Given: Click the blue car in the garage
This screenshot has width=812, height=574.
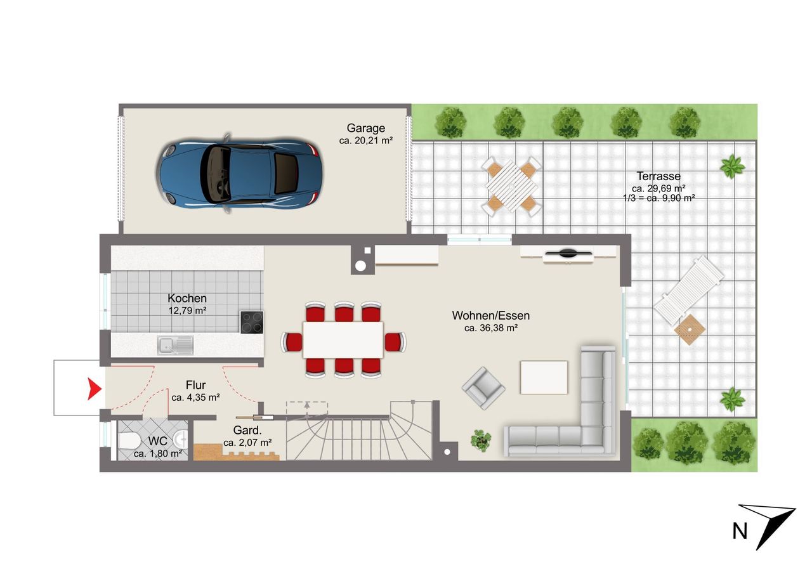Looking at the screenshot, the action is [239, 173].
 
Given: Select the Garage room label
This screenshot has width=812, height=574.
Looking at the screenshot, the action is [365, 128].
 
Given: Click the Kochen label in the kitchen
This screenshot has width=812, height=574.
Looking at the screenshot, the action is [187, 298].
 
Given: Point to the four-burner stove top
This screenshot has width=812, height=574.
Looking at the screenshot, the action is [252, 322].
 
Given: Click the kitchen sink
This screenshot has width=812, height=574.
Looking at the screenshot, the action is [175, 345].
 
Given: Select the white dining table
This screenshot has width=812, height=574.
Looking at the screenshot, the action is [343, 340].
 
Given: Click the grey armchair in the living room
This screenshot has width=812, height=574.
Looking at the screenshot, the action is [483, 388].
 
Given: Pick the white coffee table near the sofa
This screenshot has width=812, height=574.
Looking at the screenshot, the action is [544, 377].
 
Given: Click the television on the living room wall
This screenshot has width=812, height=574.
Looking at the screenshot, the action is [568, 253].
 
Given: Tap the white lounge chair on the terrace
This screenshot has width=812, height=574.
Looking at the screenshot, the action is [689, 290].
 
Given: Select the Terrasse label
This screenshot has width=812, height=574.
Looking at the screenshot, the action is [658, 176].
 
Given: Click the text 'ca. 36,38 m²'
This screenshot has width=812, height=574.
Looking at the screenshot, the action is [490, 328].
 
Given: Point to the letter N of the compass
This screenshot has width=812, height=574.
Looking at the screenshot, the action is [740, 532].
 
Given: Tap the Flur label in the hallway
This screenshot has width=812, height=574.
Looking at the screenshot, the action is [196, 385].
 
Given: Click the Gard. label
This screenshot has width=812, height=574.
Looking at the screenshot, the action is [247, 430].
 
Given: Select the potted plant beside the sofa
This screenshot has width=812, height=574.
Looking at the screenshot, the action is [481, 441].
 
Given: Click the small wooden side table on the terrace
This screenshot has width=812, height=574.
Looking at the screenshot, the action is [690, 329].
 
